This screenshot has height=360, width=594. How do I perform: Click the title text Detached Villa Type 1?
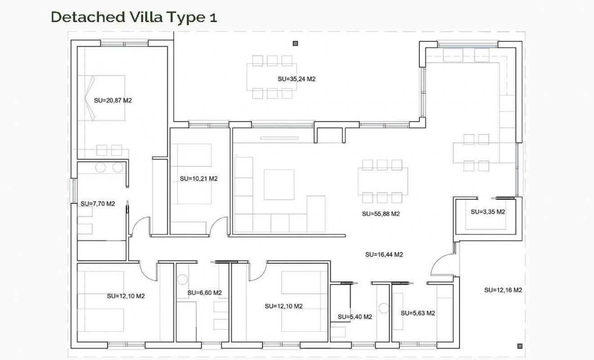pyautogui.click(x=134, y=17)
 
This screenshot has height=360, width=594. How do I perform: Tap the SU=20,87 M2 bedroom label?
pyautogui.click(x=112, y=100)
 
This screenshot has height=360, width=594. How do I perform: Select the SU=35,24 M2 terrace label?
pyautogui.click(x=296, y=79)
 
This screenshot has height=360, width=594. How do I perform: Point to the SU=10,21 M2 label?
pyautogui.click(x=198, y=178)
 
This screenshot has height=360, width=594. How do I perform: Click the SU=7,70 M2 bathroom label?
pyautogui.click(x=98, y=203)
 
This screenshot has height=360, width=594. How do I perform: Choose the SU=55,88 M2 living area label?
pyautogui.click(x=381, y=214)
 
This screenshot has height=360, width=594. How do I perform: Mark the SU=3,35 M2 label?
pyautogui.click(x=488, y=211)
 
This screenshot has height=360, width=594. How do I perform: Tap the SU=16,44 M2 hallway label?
pyautogui.click(x=383, y=254)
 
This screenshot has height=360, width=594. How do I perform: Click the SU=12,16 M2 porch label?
pyautogui.click(x=503, y=290)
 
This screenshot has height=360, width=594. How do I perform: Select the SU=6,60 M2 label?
pyautogui.click(x=205, y=292)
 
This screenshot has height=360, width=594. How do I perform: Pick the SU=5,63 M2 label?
pyautogui.click(x=417, y=313)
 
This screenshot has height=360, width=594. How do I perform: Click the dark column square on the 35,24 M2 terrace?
pyautogui.click(x=296, y=44)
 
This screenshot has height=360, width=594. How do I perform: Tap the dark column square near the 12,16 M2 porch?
pyautogui.click(x=520, y=346)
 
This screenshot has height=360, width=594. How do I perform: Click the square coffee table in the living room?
pyautogui.click(x=279, y=184)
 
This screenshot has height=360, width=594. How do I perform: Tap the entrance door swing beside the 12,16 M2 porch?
pyautogui.click(x=441, y=265)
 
